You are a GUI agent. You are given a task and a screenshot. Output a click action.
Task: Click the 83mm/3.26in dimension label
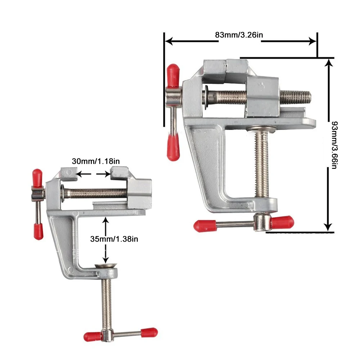(239, 35)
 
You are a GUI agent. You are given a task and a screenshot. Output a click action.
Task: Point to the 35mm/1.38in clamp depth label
(114, 239)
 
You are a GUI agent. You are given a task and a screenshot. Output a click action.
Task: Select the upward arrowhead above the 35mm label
(105, 220)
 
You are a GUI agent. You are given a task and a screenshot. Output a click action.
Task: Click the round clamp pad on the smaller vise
(106, 267)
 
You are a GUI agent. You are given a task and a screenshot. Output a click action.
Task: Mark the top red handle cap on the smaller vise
(37, 177)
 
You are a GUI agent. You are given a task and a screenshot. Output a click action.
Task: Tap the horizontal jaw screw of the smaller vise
(95, 194)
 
